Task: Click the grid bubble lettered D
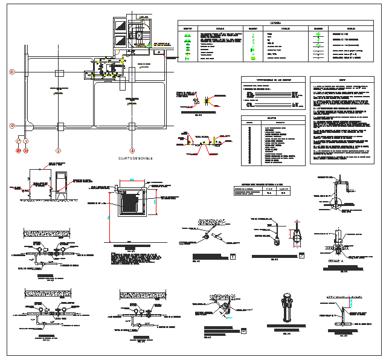tap(11, 72)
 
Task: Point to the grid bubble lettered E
tap(11, 126)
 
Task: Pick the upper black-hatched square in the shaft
tap(120, 27)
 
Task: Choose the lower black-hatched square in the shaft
tap(120, 42)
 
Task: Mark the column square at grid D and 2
tap(59, 72)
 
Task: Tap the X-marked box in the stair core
tap(138, 36)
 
